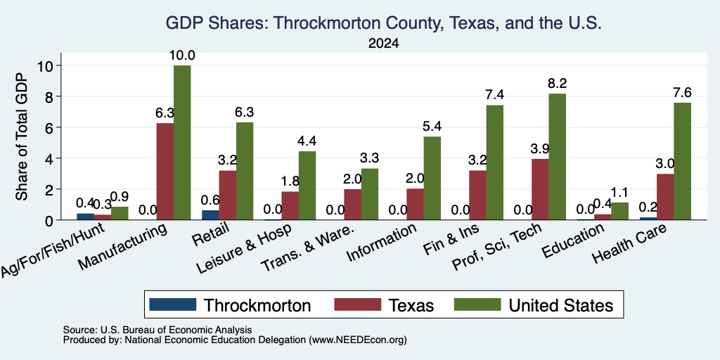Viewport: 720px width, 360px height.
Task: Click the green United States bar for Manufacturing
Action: [182, 143]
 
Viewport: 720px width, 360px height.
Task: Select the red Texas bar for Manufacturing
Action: [165, 172]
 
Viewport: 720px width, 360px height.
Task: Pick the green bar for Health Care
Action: [682, 161]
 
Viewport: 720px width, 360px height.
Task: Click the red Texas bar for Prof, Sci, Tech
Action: [539, 190]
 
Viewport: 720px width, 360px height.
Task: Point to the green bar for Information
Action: [432, 178]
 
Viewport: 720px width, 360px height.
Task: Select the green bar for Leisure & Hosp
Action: [307, 186]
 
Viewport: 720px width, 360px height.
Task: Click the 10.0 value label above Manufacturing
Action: [182, 56]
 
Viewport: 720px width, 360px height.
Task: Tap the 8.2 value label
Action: [558, 84]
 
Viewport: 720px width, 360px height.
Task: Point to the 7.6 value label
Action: [682, 93]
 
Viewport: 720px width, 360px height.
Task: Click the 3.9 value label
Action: [540, 149]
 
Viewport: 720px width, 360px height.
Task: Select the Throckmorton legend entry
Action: [230, 305]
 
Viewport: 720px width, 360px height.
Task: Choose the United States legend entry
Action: [534, 305]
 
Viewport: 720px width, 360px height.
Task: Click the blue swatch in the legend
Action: [173, 304]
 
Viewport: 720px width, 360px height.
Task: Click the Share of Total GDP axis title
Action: [22, 136]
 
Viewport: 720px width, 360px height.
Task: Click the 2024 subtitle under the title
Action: [383, 44]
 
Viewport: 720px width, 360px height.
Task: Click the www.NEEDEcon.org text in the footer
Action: [358, 340]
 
